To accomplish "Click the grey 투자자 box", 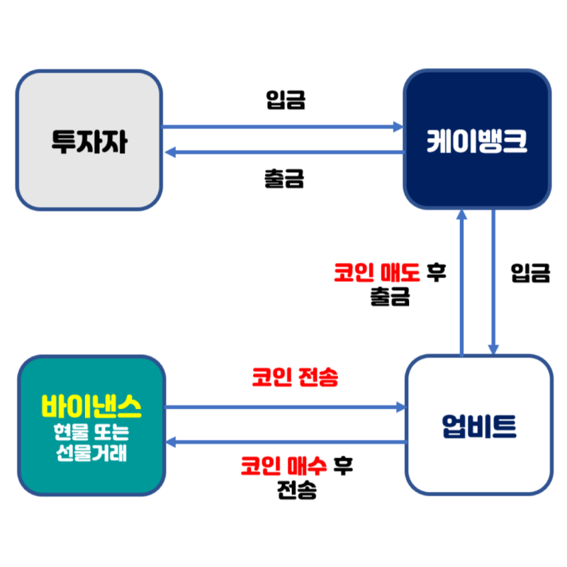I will tap(89, 140).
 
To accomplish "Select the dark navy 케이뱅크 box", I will tap(476, 140).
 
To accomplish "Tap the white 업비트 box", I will tap(478, 425).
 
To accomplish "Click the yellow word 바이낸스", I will tap(91, 407).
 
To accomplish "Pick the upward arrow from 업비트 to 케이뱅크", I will tap(462, 283).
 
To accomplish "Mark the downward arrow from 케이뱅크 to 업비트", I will tap(493, 283).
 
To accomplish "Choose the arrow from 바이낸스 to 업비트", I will tap(283, 408).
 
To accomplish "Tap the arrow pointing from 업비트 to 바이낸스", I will tap(283, 442).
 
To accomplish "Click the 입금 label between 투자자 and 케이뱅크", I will tap(285, 100).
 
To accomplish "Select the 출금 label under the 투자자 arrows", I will tap(283, 178).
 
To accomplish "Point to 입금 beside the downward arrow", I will tap(530, 273).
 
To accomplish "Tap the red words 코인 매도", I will tap(376, 273).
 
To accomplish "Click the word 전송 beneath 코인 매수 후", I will tap(296, 490).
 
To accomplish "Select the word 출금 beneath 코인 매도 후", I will tap(389, 296).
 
